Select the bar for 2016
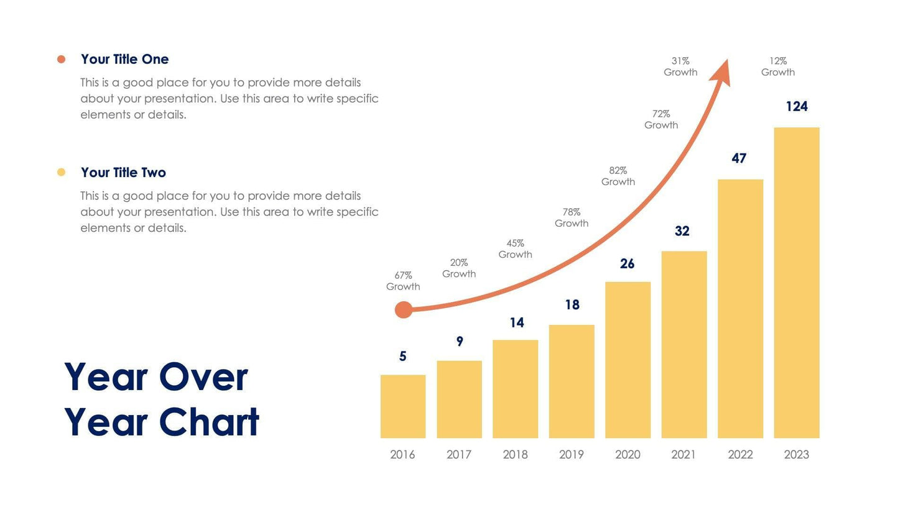click(x=403, y=406)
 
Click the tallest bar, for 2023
click(x=796, y=283)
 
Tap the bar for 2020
click(x=628, y=360)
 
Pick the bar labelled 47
click(x=740, y=309)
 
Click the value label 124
click(x=796, y=106)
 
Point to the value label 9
click(x=460, y=341)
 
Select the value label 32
click(x=682, y=231)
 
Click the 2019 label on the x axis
click(x=571, y=455)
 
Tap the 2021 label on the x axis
click(x=683, y=455)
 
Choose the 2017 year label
click(x=459, y=455)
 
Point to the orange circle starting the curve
click(x=404, y=309)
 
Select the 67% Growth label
click(x=403, y=281)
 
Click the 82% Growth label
click(x=618, y=176)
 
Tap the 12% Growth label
click(x=777, y=66)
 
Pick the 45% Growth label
click(x=515, y=248)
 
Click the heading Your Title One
click(x=124, y=59)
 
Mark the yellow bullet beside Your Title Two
click(x=61, y=172)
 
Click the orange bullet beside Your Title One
click(x=61, y=59)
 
